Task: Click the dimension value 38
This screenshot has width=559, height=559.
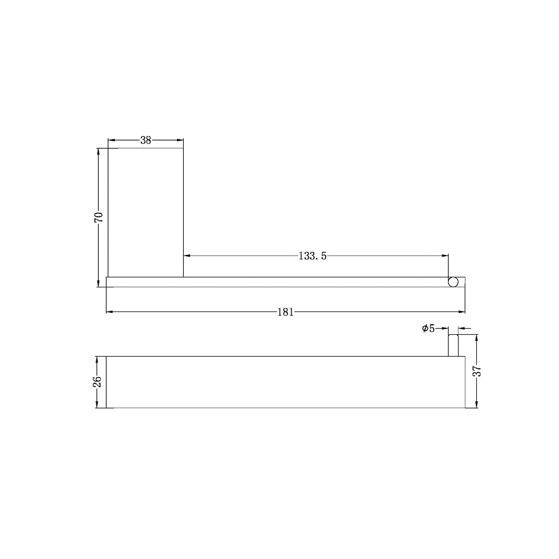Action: tap(145, 140)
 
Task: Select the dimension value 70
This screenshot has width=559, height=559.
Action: tap(99, 217)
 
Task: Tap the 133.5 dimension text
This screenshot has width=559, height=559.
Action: tap(313, 256)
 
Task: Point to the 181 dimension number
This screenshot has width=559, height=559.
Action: tap(286, 312)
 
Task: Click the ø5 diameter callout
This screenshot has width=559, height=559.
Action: tap(429, 329)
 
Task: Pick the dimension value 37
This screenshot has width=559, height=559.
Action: tap(477, 371)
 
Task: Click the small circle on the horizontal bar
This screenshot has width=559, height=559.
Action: tap(453, 282)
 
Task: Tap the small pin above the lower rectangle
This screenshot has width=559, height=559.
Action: tap(453, 345)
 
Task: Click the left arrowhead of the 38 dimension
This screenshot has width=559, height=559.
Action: tap(111, 140)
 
